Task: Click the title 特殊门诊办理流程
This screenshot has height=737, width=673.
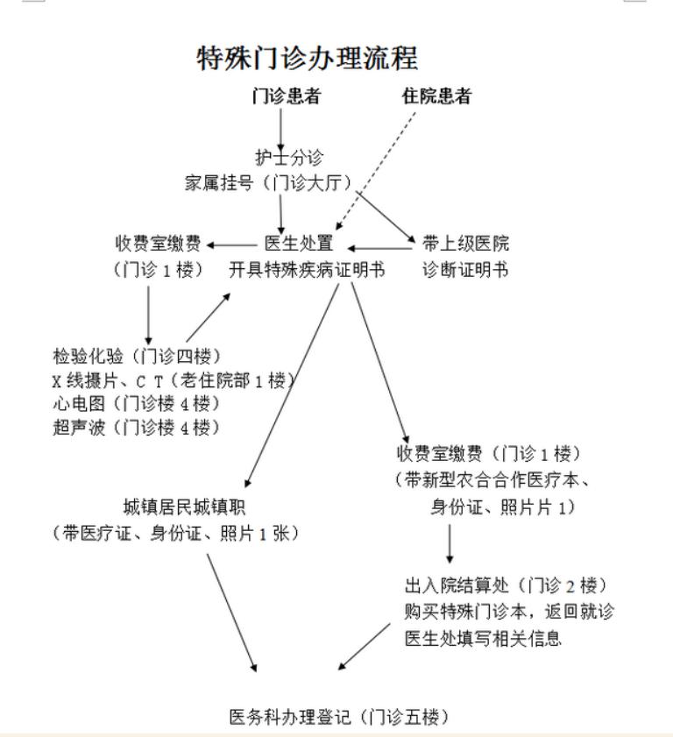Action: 307,59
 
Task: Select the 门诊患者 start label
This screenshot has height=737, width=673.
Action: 287,96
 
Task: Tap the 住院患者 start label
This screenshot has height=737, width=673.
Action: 436,96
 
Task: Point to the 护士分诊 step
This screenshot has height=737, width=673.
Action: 289,157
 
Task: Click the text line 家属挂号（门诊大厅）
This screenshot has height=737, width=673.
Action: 269,182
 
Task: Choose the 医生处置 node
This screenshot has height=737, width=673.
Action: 299,243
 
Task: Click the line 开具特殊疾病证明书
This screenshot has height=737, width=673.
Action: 307,269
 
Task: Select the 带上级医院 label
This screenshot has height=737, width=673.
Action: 465,243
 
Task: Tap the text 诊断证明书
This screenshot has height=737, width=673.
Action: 465,269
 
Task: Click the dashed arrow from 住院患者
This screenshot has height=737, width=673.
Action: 376,171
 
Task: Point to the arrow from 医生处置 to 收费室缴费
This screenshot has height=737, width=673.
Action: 231,244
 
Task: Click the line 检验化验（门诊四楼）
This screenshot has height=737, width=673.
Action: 137,356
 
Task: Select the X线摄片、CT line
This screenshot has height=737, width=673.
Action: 174,380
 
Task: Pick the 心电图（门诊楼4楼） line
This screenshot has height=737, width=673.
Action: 137,403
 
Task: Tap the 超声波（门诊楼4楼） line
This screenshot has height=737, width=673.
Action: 137,428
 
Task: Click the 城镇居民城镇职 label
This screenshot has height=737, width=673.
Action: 184,507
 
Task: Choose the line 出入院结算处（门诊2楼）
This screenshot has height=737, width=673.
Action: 507,585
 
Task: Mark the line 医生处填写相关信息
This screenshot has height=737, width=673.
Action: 483,638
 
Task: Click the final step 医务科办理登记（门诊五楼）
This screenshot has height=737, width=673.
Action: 339,717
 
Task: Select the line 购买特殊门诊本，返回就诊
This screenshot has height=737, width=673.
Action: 509,612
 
